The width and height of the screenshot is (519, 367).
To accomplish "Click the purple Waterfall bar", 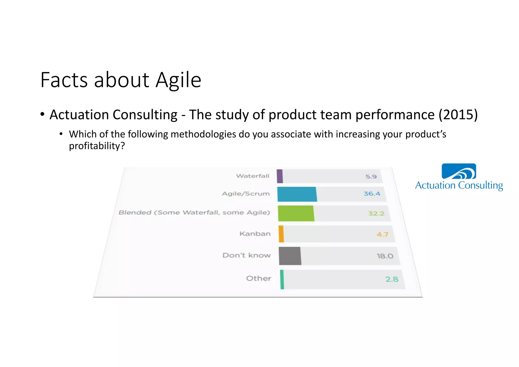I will pyautogui.click(x=280, y=176).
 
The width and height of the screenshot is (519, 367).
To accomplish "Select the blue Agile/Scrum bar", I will pyautogui.click(x=297, y=194).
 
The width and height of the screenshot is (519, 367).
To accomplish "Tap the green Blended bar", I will pyautogui.click(x=296, y=213).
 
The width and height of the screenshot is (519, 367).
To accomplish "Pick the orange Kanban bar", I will pyautogui.click(x=281, y=234).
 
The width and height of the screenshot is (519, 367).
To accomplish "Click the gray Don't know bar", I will pyautogui.click(x=290, y=256).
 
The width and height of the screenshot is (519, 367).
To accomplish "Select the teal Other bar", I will pyautogui.click(x=282, y=279).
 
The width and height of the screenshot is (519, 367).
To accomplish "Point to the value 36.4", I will pyautogui.click(x=372, y=194).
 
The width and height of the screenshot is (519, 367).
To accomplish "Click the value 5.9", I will pyautogui.click(x=371, y=176).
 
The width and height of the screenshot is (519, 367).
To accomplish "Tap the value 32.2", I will pyautogui.click(x=376, y=213).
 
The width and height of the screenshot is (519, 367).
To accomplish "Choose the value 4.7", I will pyautogui.click(x=382, y=234).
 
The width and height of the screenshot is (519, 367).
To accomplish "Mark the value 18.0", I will pyautogui.click(x=385, y=256).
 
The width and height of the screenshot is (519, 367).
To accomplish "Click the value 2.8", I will pyautogui.click(x=392, y=279).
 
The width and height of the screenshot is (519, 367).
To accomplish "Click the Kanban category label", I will pyautogui.click(x=255, y=234).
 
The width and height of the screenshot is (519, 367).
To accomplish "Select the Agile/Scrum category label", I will pyautogui.click(x=246, y=194).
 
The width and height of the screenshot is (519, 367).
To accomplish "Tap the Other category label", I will pyautogui.click(x=258, y=278).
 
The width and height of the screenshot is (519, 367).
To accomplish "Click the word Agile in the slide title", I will pyautogui.click(x=178, y=80).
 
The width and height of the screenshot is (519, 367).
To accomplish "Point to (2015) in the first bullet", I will pyautogui.click(x=458, y=115).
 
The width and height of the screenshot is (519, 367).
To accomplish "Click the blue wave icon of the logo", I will pyautogui.click(x=459, y=171).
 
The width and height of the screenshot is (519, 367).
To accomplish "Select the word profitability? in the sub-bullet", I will pyautogui.click(x=97, y=146).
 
